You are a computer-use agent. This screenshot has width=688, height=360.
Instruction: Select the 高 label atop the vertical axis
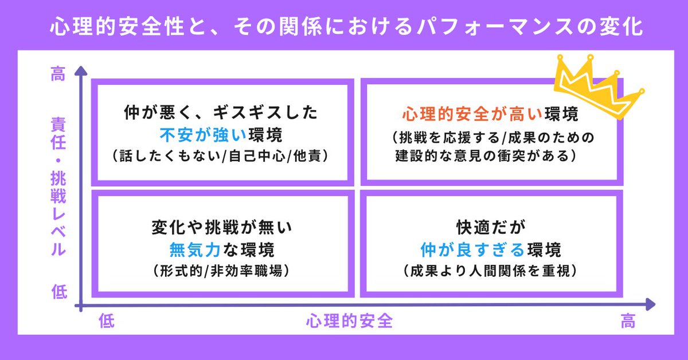pos(58,75)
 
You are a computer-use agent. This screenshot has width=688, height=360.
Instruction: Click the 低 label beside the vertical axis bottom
pos(58,292)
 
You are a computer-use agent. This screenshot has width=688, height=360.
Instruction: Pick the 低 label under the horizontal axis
pos(107,322)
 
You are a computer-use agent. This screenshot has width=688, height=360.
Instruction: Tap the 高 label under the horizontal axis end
pos(628,322)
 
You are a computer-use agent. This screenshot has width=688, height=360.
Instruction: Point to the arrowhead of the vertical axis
pos(82,73)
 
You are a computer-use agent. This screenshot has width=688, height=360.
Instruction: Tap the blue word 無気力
pos(190,249)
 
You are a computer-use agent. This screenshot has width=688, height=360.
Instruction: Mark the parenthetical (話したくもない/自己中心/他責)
pos(220,155)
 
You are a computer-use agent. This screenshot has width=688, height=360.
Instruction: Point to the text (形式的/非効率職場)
pos(221,271)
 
